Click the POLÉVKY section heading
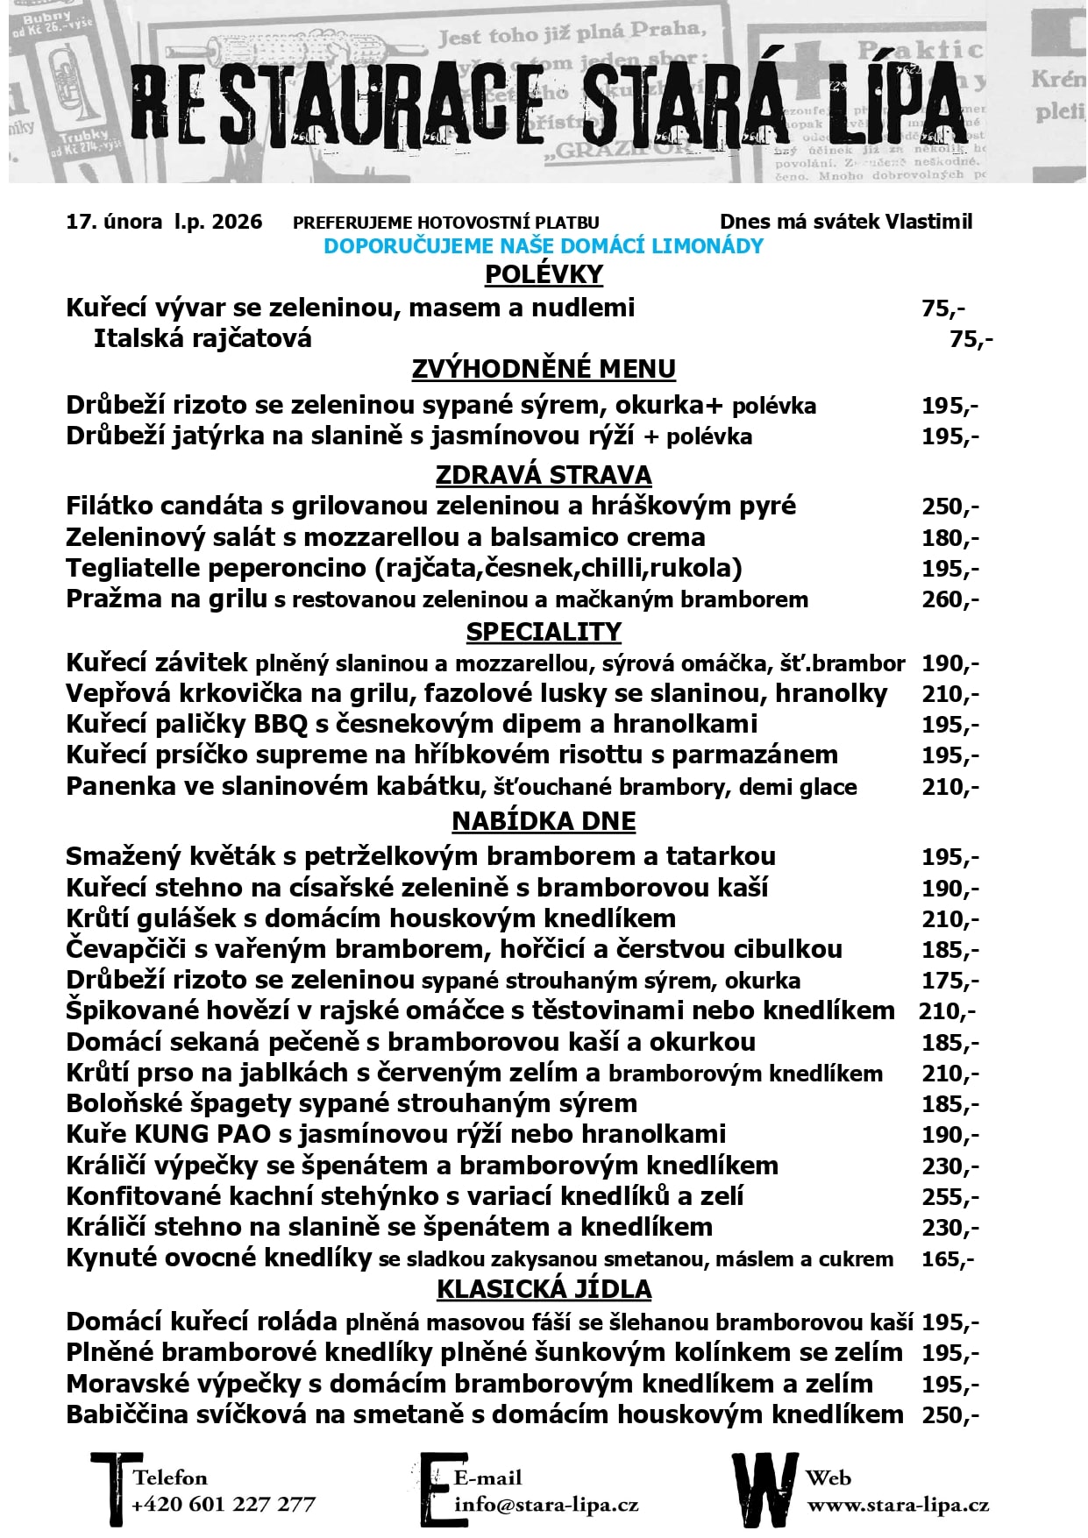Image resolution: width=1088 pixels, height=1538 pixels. pos(544,274)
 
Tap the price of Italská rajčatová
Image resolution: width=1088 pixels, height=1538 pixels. pos(971,338)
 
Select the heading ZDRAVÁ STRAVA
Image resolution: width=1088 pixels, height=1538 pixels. pos(544,475)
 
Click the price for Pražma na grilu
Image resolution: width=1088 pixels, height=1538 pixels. pos(949,599)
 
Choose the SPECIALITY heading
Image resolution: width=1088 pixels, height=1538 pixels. pos(544,632)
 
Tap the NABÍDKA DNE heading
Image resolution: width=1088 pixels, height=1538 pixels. pos(544,821)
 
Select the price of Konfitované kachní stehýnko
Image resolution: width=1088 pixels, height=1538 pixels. pos(949,1196)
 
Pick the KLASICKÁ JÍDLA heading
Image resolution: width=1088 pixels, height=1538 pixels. pos(544,1289)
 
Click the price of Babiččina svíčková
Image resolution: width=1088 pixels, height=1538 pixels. pos(949,1414)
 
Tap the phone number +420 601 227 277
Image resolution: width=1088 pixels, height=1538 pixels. pos(224,1504)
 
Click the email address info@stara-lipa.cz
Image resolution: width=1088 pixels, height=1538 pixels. pos(546,1506)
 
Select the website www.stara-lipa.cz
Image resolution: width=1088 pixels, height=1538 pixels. pos(898,1506)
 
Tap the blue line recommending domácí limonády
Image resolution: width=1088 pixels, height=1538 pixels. pos(544,246)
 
